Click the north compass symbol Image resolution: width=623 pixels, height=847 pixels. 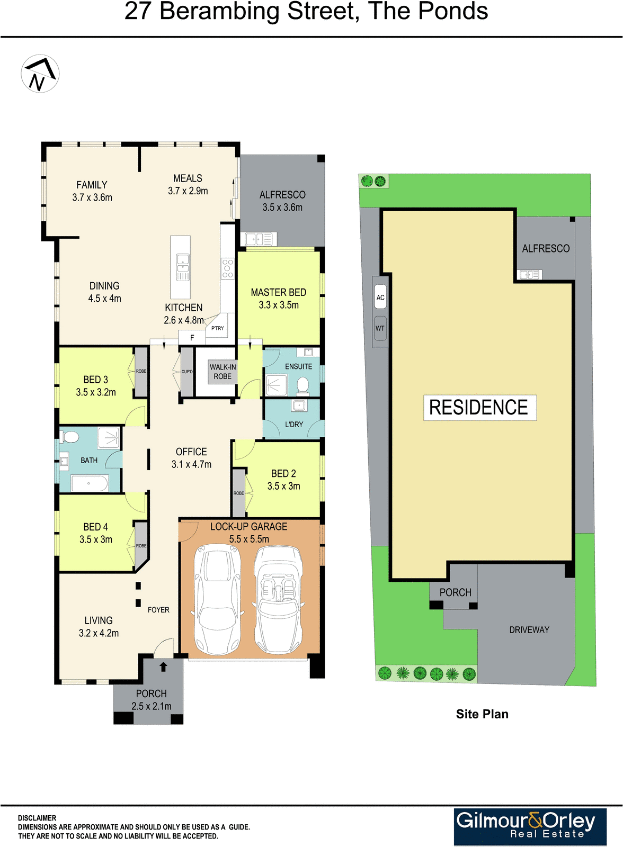tap(40, 74)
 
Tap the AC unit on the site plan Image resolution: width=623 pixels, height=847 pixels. tap(380, 298)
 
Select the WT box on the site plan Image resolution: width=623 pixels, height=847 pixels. tap(380, 328)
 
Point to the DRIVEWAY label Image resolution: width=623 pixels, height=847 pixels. tap(529, 629)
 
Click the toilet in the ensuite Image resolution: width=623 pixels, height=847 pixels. tap(302, 385)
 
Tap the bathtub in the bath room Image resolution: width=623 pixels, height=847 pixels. tap(90, 484)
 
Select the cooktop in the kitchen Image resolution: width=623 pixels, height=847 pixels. tap(228, 268)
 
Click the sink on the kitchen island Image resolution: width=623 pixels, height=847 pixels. tap(182, 263)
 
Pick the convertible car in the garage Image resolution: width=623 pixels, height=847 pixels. tap(278, 600)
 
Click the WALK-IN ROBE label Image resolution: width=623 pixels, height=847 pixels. tap(222, 371)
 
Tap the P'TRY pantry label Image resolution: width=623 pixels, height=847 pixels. tap(218, 328)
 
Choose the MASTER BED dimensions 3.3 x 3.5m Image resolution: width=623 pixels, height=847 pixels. tap(279, 305)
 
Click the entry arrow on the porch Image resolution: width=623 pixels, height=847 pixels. tap(163, 666)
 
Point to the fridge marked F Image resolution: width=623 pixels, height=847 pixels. tap(192, 338)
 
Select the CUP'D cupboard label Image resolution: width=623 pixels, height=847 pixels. tap(187, 372)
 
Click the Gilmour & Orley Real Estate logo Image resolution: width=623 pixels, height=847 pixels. tap(530, 826)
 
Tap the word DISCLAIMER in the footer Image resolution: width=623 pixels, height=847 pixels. tap(37, 818)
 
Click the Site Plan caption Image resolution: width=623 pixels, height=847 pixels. tap(482, 714)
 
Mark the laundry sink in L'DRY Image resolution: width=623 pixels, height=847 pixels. tap(299, 406)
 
